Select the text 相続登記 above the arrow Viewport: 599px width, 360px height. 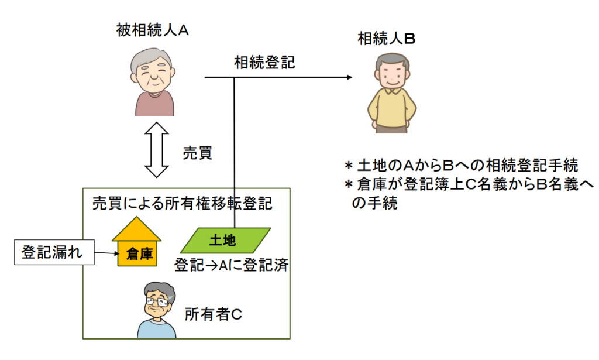264,62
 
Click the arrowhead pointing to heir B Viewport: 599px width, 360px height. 349,77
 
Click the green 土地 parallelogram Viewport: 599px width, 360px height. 226,240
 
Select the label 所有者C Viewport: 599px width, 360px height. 213,314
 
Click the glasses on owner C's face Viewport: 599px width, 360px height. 156,303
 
